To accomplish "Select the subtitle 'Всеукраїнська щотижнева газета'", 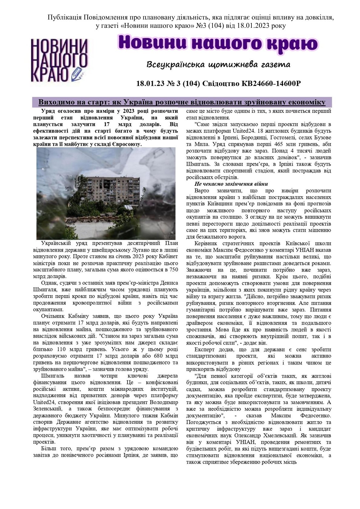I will (218, 64).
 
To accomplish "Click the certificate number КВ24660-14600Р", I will (271, 83).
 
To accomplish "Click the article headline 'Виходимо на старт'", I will (182, 102).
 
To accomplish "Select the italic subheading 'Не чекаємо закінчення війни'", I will (231, 184).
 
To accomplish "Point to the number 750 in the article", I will (174, 270).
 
